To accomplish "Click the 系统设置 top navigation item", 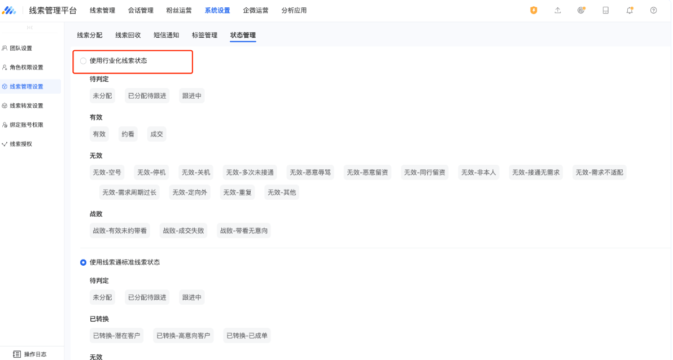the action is pyautogui.click(x=217, y=10).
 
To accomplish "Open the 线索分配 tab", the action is pyautogui.click(x=90, y=35).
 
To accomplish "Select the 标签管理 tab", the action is pyautogui.click(x=204, y=35).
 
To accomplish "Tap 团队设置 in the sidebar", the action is pyautogui.click(x=20, y=48).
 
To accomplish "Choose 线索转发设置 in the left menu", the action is pyautogui.click(x=26, y=106).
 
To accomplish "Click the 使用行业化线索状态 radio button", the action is pyautogui.click(x=83, y=61).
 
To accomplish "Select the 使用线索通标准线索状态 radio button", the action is pyautogui.click(x=83, y=262).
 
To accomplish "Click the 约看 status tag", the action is pyautogui.click(x=128, y=134).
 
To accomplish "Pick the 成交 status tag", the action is pyautogui.click(x=156, y=134).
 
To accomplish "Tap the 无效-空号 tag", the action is pyautogui.click(x=107, y=173).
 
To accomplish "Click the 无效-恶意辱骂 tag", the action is pyautogui.click(x=311, y=173).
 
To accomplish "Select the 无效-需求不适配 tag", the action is pyautogui.click(x=599, y=173).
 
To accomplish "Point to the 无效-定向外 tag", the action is pyautogui.click(x=190, y=192).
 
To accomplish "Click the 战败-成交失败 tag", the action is pyautogui.click(x=183, y=230).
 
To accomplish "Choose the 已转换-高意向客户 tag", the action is pyautogui.click(x=183, y=336).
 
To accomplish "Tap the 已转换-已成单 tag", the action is pyautogui.click(x=247, y=336).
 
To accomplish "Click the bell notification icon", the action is pyautogui.click(x=630, y=10).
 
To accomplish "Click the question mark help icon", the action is pyautogui.click(x=653, y=10).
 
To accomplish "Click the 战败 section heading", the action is pyautogui.click(x=96, y=214).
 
